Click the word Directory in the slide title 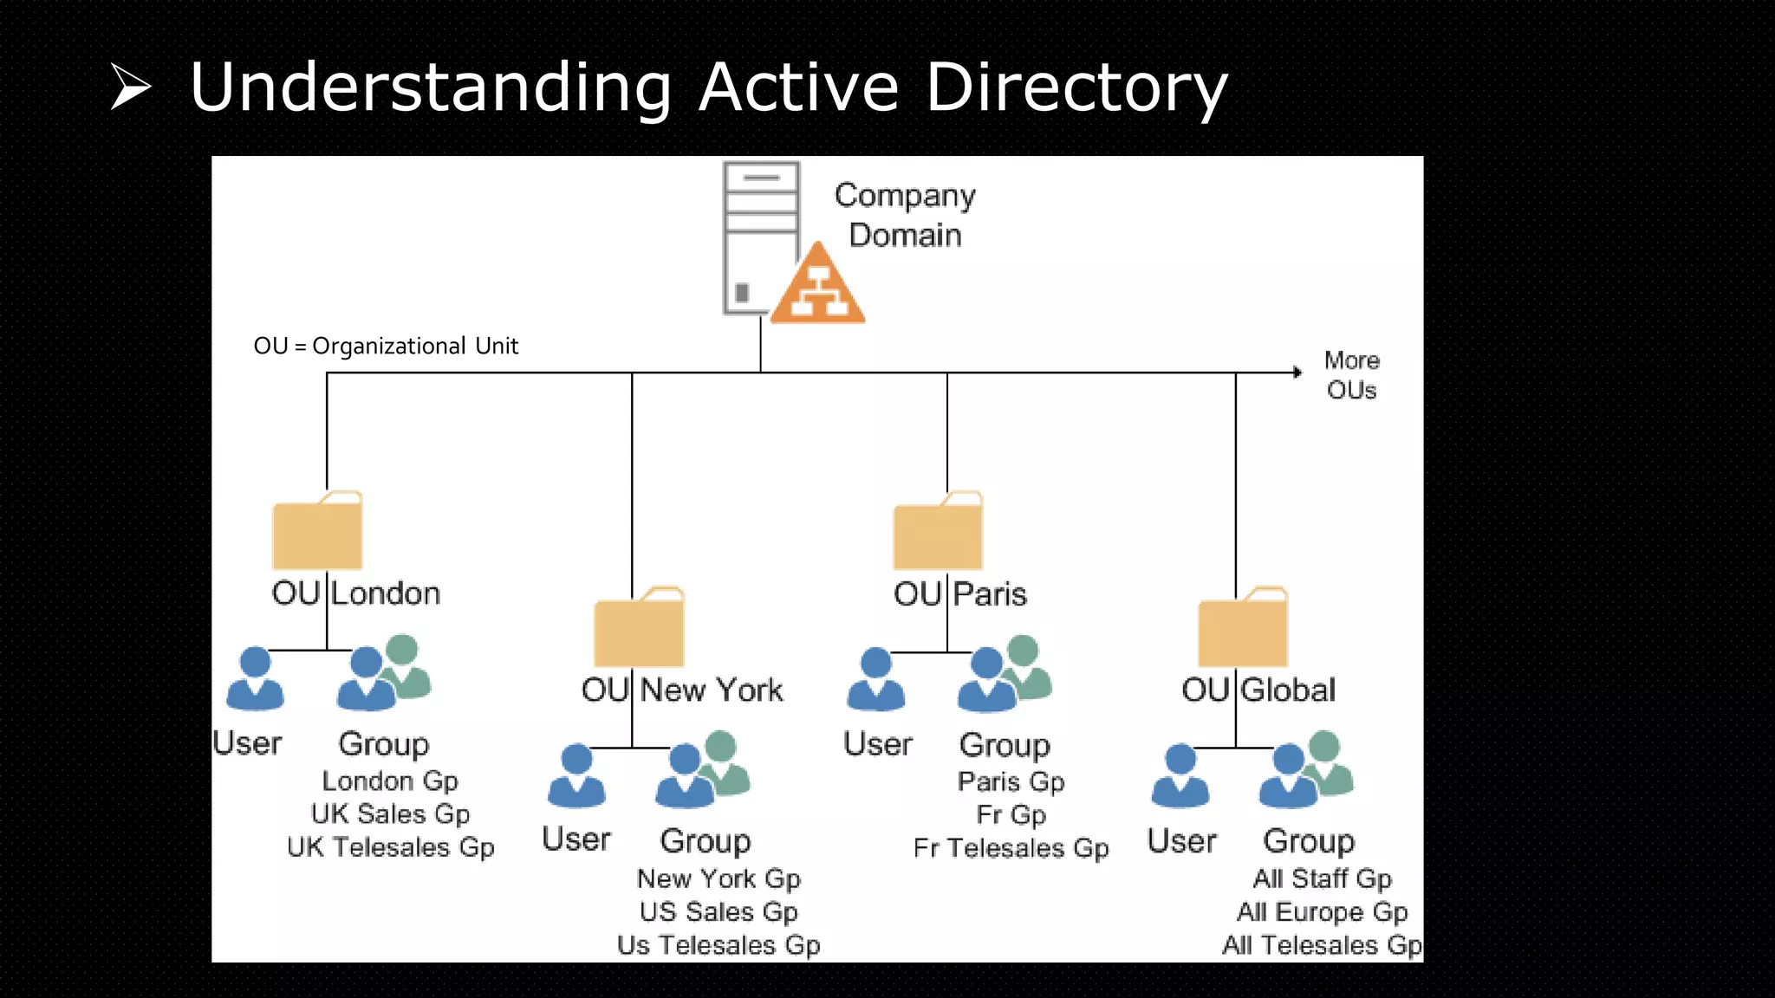(x=1076, y=88)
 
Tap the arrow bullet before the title (x=131, y=87)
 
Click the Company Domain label (x=905, y=215)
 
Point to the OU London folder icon (x=317, y=532)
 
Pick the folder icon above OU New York (x=640, y=628)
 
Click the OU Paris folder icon (x=938, y=532)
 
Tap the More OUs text (x=1351, y=375)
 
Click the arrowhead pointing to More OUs (x=1297, y=373)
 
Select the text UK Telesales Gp (x=390, y=846)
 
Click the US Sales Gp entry (x=718, y=911)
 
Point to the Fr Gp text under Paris (x=1011, y=814)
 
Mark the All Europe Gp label (x=1322, y=911)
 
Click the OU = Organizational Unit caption (x=386, y=346)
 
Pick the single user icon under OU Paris (x=875, y=680)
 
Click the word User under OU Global (x=1181, y=840)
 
